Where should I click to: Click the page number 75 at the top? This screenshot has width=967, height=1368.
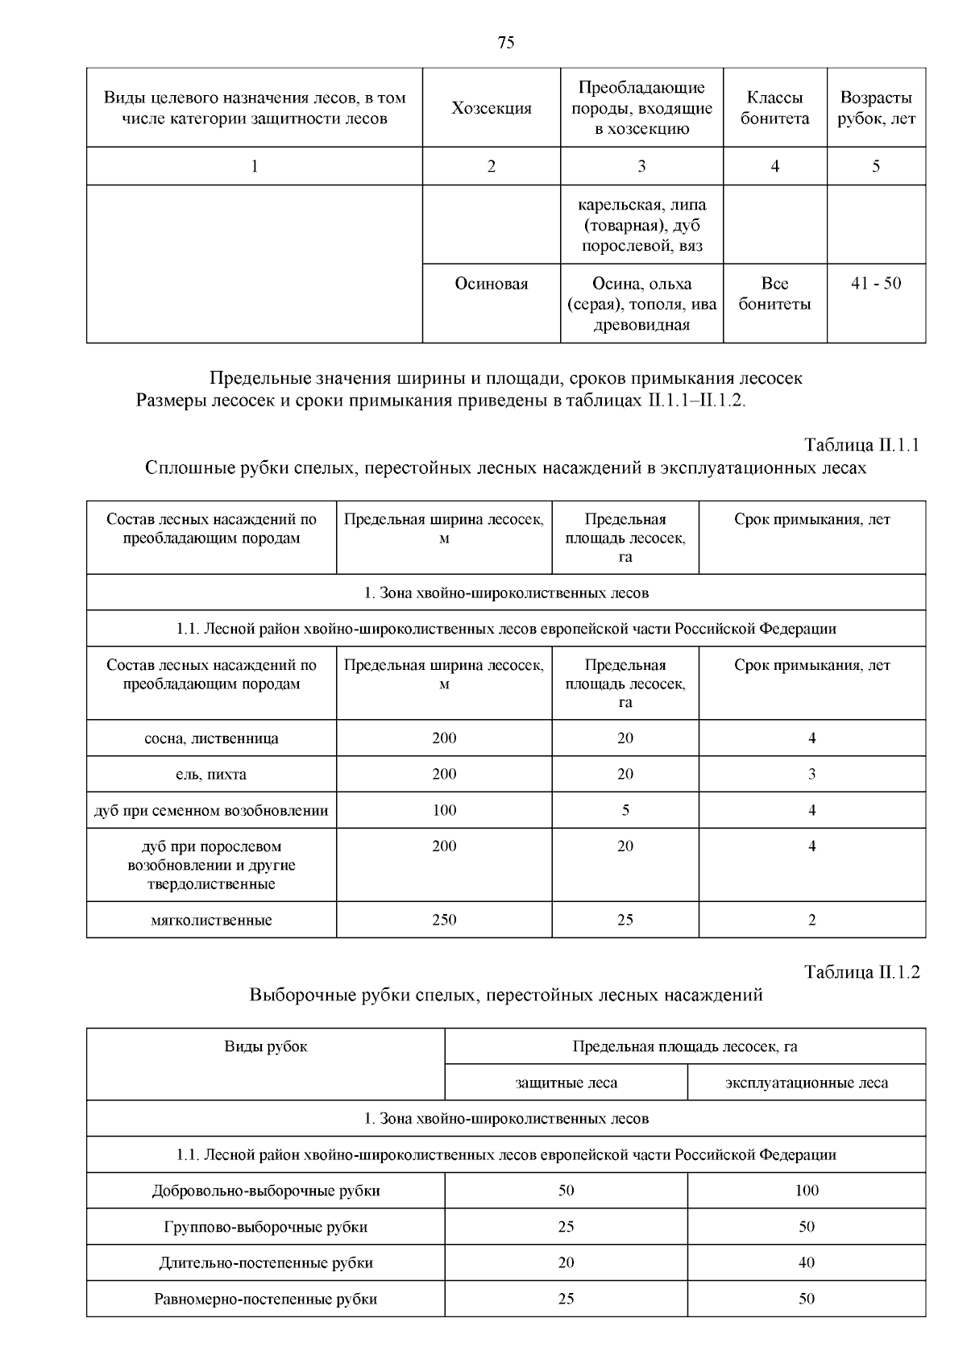click(x=506, y=43)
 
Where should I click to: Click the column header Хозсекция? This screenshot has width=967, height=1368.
click(x=492, y=108)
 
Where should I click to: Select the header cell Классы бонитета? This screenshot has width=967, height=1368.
click(x=774, y=108)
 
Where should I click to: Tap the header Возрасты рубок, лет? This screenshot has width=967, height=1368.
click(x=876, y=108)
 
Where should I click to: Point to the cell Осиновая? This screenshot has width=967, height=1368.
click(x=492, y=284)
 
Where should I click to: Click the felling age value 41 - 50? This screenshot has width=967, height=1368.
click(x=876, y=284)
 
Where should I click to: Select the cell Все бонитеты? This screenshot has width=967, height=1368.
click(x=774, y=293)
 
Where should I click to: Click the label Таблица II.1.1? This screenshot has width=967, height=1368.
click(x=861, y=445)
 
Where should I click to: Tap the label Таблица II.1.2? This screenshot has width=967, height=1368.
click(x=861, y=972)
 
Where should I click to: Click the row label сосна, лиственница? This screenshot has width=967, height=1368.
click(x=211, y=738)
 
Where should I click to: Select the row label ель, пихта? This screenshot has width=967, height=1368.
click(x=211, y=775)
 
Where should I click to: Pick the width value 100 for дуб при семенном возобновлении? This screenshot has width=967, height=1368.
click(x=444, y=810)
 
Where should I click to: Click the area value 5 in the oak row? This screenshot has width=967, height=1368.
click(x=625, y=810)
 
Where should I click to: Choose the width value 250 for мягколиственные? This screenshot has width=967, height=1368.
click(x=444, y=920)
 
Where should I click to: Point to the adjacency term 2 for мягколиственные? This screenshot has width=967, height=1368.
click(x=811, y=920)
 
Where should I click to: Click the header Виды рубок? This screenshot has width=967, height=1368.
click(x=265, y=1047)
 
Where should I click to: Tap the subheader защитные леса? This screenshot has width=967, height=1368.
click(x=566, y=1083)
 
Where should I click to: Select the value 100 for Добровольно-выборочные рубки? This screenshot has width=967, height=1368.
click(x=806, y=1191)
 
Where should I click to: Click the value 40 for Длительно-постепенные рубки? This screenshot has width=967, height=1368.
click(x=806, y=1263)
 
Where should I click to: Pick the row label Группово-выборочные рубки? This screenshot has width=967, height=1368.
click(x=265, y=1227)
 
